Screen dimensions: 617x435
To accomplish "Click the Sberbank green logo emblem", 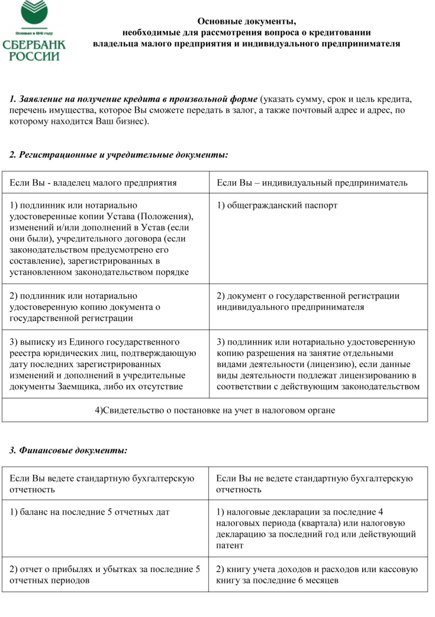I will coord(34,12).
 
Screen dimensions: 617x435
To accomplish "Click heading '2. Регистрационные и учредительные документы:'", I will coord(119,155).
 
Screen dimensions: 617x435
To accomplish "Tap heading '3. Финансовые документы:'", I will coord(69,450).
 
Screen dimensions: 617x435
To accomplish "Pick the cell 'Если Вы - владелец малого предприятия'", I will coord(93,183).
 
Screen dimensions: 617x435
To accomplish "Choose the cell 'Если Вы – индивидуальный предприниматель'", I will coord(312,183).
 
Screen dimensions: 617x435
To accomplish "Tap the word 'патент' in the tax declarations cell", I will coord(230,545).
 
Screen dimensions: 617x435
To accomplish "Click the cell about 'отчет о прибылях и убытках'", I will coord(105,575).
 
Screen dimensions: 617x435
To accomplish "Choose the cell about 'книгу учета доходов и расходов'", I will coord(317,575).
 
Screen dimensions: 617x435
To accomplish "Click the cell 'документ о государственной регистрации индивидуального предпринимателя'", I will coord(308,301).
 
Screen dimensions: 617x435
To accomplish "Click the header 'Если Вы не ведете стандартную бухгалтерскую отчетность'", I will coord(314,483).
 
